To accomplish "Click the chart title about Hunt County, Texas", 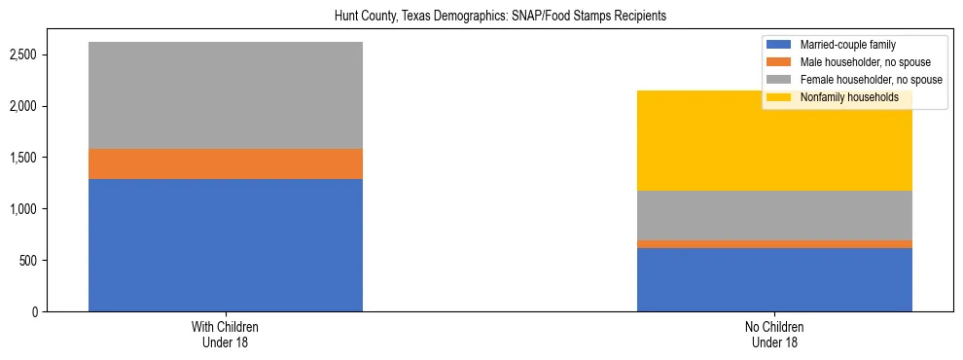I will (x=481, y=17).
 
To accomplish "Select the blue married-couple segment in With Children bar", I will (x=226, y=245).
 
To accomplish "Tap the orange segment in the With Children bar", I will (x=226, y=164).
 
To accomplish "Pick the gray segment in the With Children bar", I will (x=226, y=95).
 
